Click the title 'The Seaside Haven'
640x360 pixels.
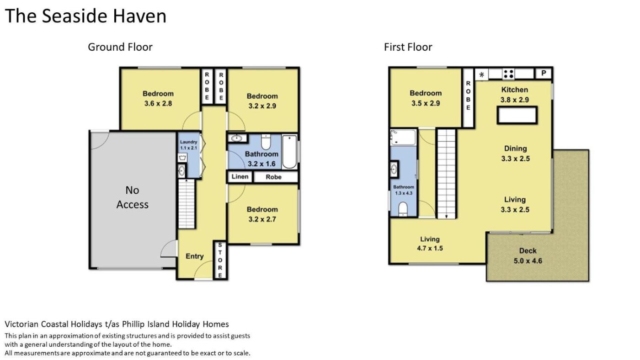pos(85,16)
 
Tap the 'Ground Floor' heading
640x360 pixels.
pos(120,47)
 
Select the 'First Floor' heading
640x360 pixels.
pos(408,47)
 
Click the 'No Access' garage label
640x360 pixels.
pos(132,197)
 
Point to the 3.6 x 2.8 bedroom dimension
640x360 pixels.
pos(158,103)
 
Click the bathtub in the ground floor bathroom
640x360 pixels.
pos(289,152)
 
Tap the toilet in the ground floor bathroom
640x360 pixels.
pos(266,142)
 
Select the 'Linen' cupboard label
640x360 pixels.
pos(240,177)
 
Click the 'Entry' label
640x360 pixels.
pos(195,256)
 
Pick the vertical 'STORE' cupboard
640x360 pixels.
pos(220,260)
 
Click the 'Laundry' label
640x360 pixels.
pos(188,142)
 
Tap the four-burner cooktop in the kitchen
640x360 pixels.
pos(508,74)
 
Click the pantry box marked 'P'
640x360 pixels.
pos(544,74)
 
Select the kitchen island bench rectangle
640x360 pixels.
pos(517,115)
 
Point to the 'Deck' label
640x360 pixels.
pos(528,251)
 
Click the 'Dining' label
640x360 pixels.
pos(516,148)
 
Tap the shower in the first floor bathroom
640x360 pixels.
pos(403,138)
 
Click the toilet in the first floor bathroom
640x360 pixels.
pos(403,209)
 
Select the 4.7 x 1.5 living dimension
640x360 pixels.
pos(430,249)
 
